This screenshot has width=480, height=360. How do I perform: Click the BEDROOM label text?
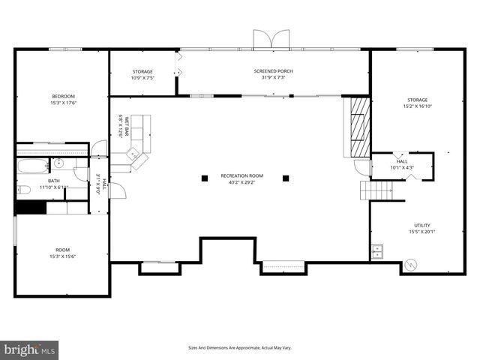click(x=63, y=96)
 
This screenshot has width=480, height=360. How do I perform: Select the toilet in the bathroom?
click(x=24, y=189)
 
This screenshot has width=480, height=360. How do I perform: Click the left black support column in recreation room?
click(x=204, y=178)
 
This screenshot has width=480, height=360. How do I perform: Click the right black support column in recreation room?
click(x=286, y=178)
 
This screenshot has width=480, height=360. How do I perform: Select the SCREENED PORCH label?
click(x=272, y=71)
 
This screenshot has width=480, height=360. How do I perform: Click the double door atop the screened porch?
click(x=271, y=39)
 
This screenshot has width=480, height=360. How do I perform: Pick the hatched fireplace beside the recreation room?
click(x=357, y=125)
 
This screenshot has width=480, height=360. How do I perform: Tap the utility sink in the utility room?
click(x=378, y=250)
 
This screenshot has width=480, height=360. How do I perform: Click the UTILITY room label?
click(x=422, y=225)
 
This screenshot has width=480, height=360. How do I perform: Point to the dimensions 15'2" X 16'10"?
click(x=418, y=106)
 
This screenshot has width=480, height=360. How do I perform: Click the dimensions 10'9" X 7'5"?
click(x=142, y=78)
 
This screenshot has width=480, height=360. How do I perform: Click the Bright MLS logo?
click(x=30, y=349)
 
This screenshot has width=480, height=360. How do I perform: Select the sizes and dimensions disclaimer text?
click(x=239, y=348)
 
